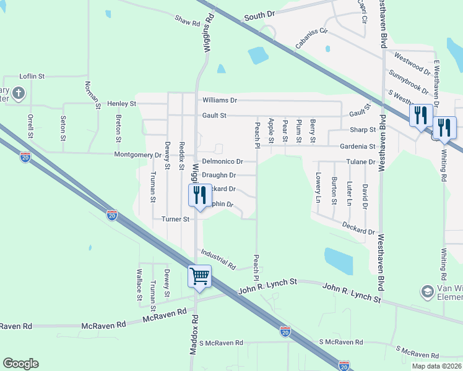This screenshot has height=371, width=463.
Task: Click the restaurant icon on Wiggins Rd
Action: (197, 195)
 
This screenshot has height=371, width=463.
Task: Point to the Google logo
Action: (20, 364)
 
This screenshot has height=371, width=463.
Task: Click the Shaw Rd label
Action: (188, 22)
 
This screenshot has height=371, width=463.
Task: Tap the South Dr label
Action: (259, 15)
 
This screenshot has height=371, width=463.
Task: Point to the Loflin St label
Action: (32, 76)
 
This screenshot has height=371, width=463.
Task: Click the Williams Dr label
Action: (220, 100)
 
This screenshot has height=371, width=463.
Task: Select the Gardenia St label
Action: (359, 147)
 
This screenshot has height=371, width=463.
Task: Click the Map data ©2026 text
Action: (436, 366)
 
